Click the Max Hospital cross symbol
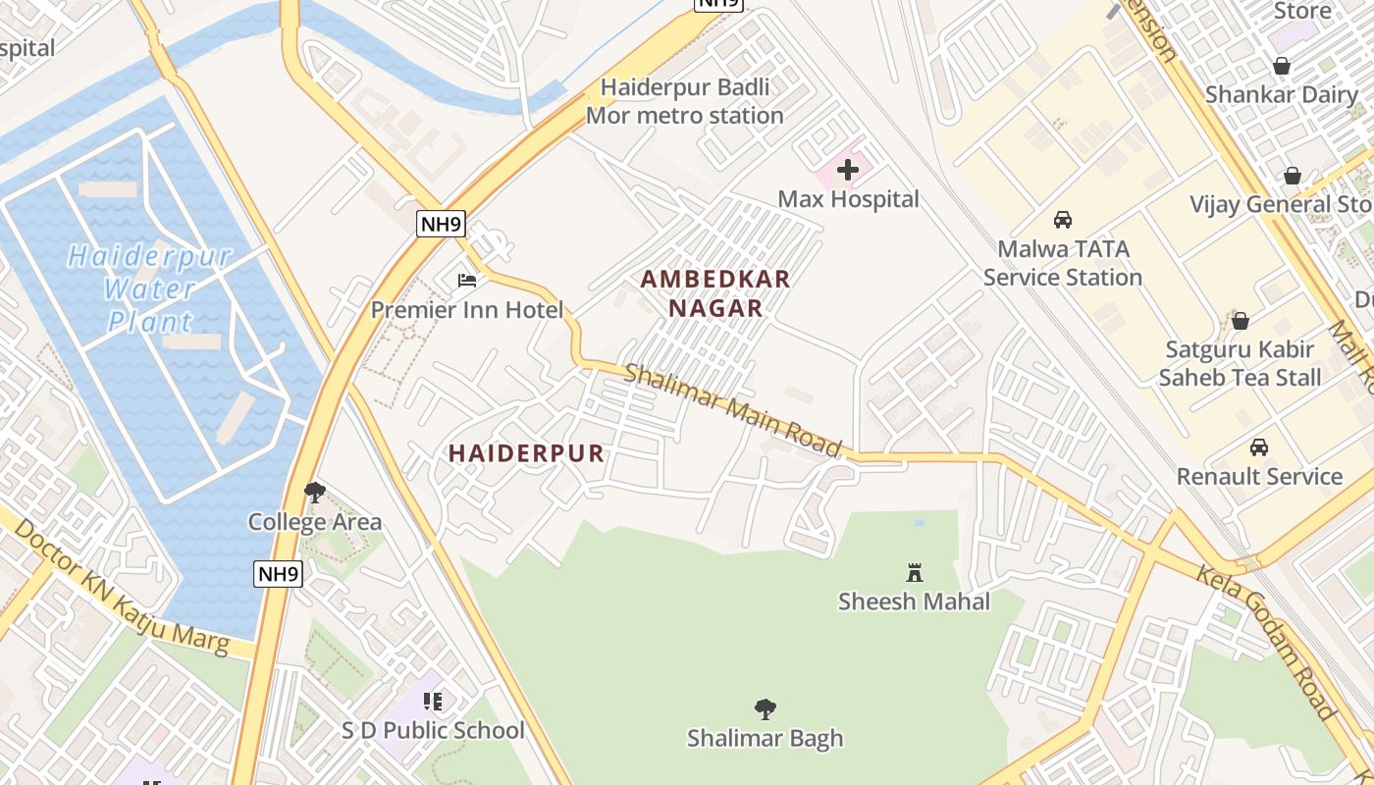click(848, 170)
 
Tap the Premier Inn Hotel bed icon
click(467, 281)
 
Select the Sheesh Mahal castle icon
click(915, 571)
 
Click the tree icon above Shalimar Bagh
click(765, 708)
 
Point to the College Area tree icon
click(314, 492)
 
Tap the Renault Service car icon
click(1258, 447)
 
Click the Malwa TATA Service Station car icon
click(1062, 220)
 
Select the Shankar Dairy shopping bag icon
click(1281, 66)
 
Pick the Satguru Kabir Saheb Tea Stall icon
click(1241, 320)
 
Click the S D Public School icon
click(433, 701)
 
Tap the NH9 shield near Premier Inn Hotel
click(441, 224)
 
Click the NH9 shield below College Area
click(278, 574)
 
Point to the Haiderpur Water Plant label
click(149, 288)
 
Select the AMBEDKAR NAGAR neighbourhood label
click(715, 293)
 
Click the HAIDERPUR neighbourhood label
click(526, 453)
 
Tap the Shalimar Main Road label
click(733, 410)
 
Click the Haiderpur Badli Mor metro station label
click(684, 101)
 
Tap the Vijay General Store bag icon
click(1293, 176)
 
